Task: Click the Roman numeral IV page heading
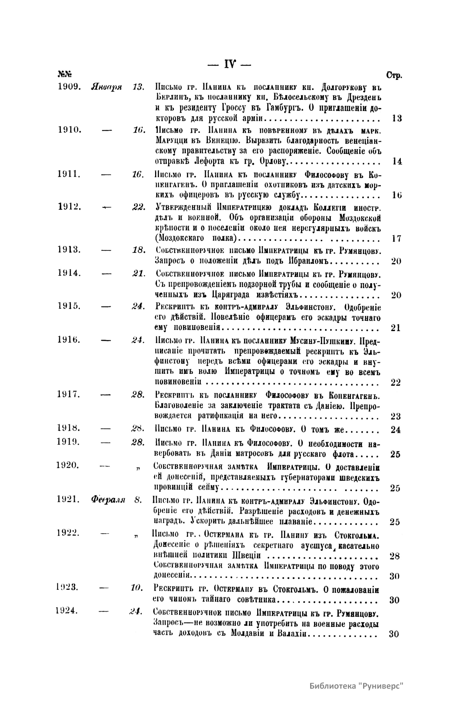point(229,63)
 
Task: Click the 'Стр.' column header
point(394,75)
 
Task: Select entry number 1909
point(69,86)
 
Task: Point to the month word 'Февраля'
point(108,500)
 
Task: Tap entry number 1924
point(67,611)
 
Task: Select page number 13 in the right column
point(397,118)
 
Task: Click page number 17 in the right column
point(397,239)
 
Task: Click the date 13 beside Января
point(137,86)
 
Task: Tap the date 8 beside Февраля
point(138,500)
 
